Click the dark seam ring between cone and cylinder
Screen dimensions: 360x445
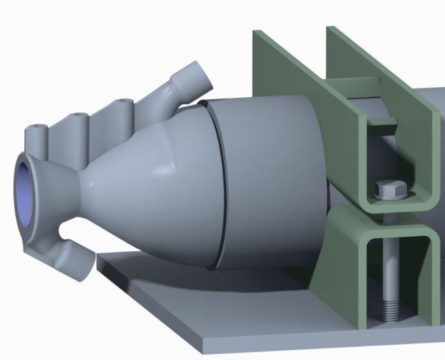tap(219, 184)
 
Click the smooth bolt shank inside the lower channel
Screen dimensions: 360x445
tap(389, 267)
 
